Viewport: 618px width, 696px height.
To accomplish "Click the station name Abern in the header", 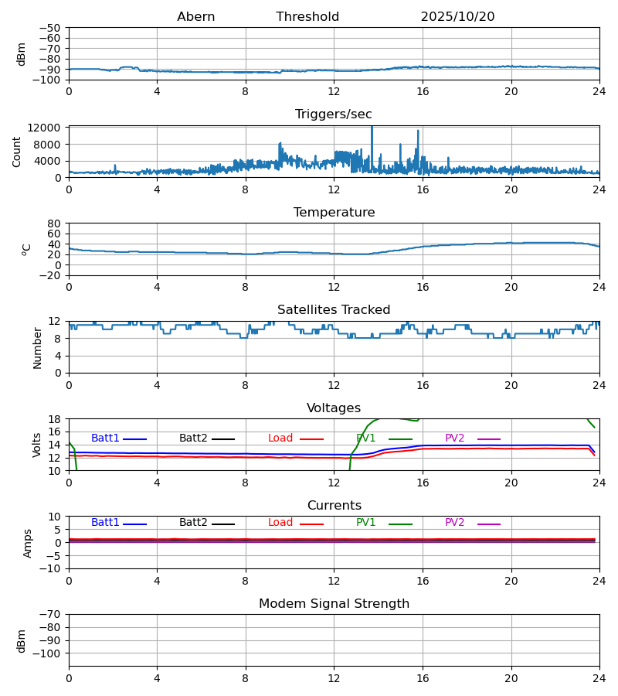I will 195,17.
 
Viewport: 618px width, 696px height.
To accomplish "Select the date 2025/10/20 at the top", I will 457,17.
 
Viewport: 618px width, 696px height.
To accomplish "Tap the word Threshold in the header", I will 307,17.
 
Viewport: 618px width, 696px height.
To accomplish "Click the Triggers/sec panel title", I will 334,114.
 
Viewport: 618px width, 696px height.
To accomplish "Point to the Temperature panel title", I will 334,213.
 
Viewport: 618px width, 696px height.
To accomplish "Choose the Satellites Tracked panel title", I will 334,310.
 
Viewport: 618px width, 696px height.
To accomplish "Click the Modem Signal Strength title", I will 334,604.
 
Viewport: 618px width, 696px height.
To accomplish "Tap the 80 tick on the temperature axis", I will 55,223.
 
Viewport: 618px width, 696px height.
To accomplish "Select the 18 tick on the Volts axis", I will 55,419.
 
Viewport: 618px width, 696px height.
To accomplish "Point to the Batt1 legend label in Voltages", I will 105,438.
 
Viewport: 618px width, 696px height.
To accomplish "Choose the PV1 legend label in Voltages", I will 366,438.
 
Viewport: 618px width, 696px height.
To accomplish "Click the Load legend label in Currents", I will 280,523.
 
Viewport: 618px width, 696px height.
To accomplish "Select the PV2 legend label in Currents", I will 455,523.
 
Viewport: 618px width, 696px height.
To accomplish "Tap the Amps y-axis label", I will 29,543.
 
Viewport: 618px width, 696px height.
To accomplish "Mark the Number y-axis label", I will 38,347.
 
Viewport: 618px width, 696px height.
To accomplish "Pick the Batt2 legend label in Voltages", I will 193,438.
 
